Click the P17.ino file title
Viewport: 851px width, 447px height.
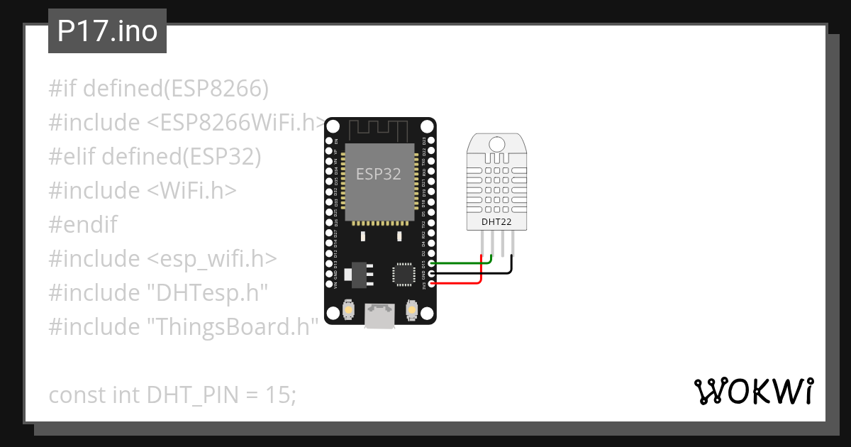click(x=107, y=31)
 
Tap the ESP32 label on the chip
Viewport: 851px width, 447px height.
click(x=378, y=174)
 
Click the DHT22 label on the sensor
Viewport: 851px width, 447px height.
click(x=496, y=222)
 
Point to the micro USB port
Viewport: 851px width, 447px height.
click(x=380, y=316)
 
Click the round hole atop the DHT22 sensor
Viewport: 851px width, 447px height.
click(x=496, y=145)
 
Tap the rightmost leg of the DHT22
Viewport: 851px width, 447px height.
click(x=512, y=245)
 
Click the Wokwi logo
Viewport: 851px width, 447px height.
click(x=753, y=391)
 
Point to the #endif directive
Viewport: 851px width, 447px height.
click(x=83, y=225)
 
